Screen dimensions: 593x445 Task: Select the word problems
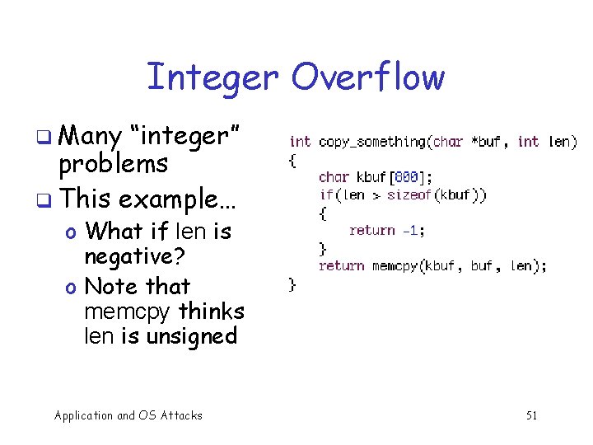[x=113, y=164]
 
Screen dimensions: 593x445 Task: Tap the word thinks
[x=212, y=311]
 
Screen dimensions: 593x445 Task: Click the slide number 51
[x=531, y=415]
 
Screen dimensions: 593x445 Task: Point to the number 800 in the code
[x=407, y=176]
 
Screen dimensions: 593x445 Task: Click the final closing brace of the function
[x=292, y=284]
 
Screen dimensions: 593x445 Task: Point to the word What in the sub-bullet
[x=114, y=231]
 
